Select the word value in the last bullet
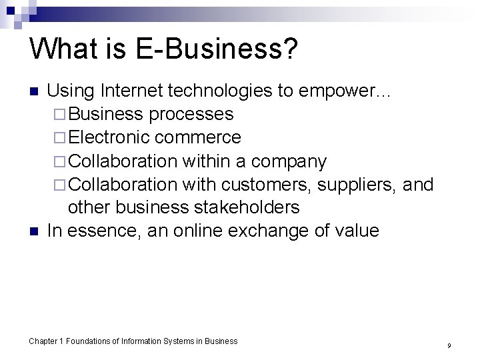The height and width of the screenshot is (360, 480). (x=357, y=231)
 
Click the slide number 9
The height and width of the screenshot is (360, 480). (x=449, y=346)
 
